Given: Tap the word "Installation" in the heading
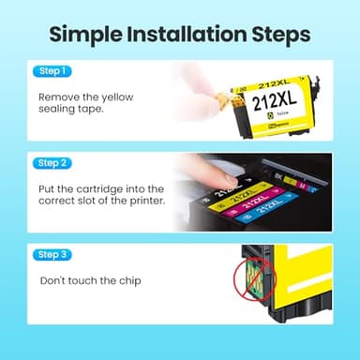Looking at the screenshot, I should click(x=185, y=36).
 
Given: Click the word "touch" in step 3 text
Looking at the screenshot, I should click(x=85, y=280).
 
